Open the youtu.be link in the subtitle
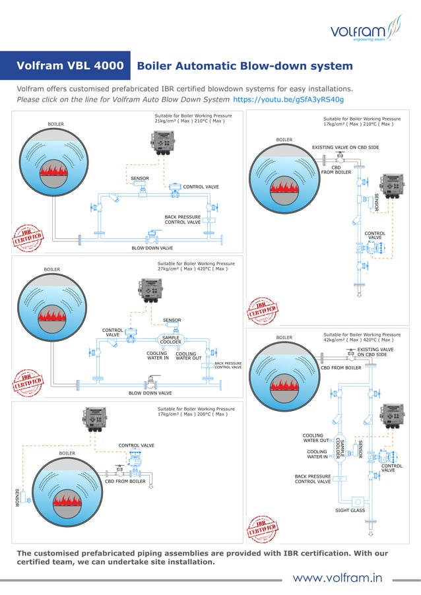[289, 100]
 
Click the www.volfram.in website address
[337, 579]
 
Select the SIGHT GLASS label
[350, 510]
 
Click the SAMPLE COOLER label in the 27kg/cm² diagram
[171, 340]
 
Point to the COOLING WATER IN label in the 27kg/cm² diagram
[158, 356]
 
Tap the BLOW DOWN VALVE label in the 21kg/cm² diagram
[152, 248]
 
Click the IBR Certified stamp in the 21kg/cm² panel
[28, 237]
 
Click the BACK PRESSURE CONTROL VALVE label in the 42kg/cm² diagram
[313, 479]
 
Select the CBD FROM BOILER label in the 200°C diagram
[125, 482]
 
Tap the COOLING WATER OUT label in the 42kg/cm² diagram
[315, 438]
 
